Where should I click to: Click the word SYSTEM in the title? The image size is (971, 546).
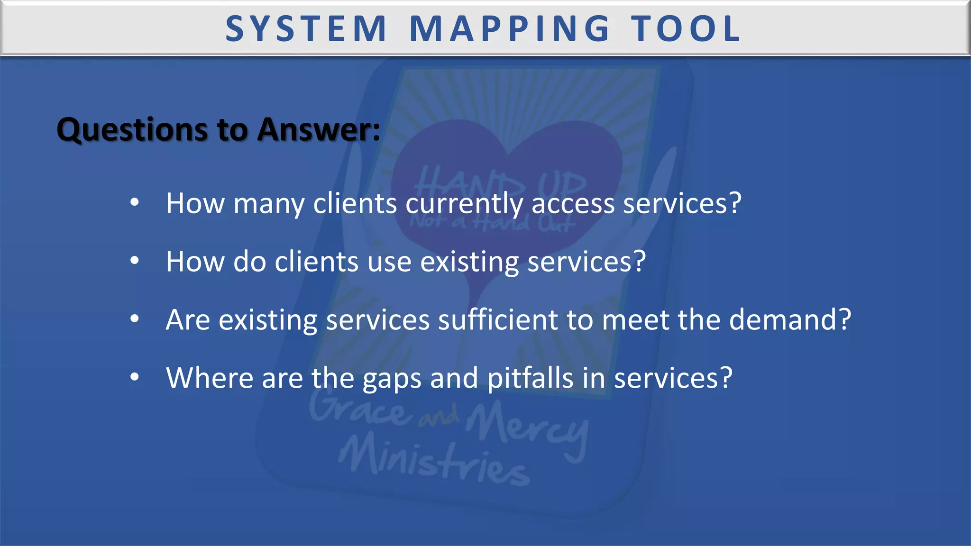306,29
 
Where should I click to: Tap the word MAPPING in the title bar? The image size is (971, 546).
510,29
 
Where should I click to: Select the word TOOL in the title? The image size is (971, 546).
686,29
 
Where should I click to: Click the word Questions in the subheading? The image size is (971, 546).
133,129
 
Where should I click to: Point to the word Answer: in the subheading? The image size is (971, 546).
319,129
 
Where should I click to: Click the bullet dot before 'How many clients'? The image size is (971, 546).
135,203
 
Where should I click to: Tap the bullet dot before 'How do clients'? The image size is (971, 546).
135,261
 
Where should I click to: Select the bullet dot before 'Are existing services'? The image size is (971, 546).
135,319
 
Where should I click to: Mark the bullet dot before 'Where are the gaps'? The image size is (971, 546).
135,377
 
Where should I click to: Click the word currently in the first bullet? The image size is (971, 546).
464,204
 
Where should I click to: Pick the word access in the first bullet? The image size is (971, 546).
573,204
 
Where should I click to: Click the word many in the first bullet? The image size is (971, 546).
269,204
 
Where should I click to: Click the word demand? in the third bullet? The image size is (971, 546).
790,320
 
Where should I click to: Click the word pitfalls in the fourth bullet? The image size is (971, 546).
531,378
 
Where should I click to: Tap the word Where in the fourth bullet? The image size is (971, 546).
210,378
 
